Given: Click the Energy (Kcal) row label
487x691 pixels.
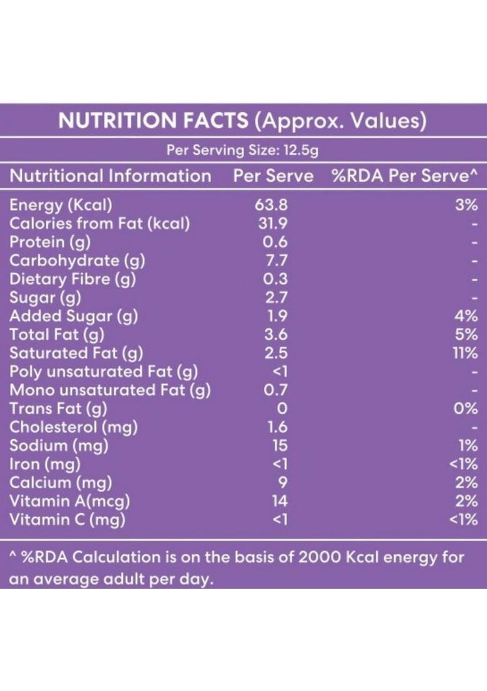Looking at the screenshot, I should tap(61, 205).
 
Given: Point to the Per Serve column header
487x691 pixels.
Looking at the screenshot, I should tap(273, 176).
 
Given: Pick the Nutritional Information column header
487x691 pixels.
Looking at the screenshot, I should tap(111, 176).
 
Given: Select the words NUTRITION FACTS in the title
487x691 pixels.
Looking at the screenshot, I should tap(154, 121).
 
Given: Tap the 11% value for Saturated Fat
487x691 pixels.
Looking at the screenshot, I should tap(466, 353).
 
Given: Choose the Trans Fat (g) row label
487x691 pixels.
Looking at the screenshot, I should tap(58, 408).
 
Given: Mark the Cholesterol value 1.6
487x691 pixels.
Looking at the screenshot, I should tap(274, 427).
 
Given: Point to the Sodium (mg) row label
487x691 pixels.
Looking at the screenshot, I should tap(59, 445).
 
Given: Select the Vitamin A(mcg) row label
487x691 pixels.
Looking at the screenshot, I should tap(70, 501).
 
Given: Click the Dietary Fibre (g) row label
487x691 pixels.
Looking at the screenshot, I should tap(72, 279).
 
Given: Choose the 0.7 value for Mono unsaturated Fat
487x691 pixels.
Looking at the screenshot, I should tap(275, 390).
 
